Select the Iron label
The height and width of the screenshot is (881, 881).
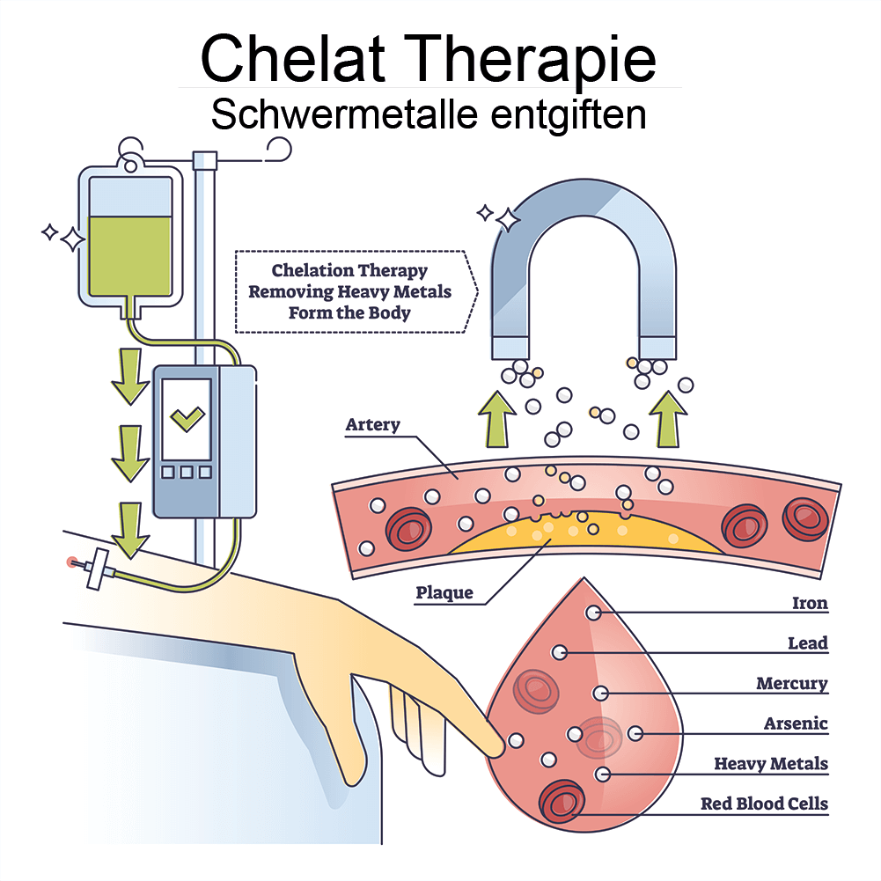[810, 604]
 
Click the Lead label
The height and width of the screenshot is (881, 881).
[808, 643]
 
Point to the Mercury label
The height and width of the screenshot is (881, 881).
[792, 684]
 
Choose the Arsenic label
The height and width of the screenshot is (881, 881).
[796, 723]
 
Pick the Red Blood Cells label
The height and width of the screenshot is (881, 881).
[764, 804]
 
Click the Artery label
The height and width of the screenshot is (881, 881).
[372, 425]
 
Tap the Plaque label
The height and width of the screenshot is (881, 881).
[444, 592]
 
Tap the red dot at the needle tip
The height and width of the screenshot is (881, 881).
[71, 561]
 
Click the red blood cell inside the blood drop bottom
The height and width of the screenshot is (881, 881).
[562, 801]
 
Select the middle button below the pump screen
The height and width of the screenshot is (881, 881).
[187, 473]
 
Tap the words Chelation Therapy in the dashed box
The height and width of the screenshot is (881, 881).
[349, 270]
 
